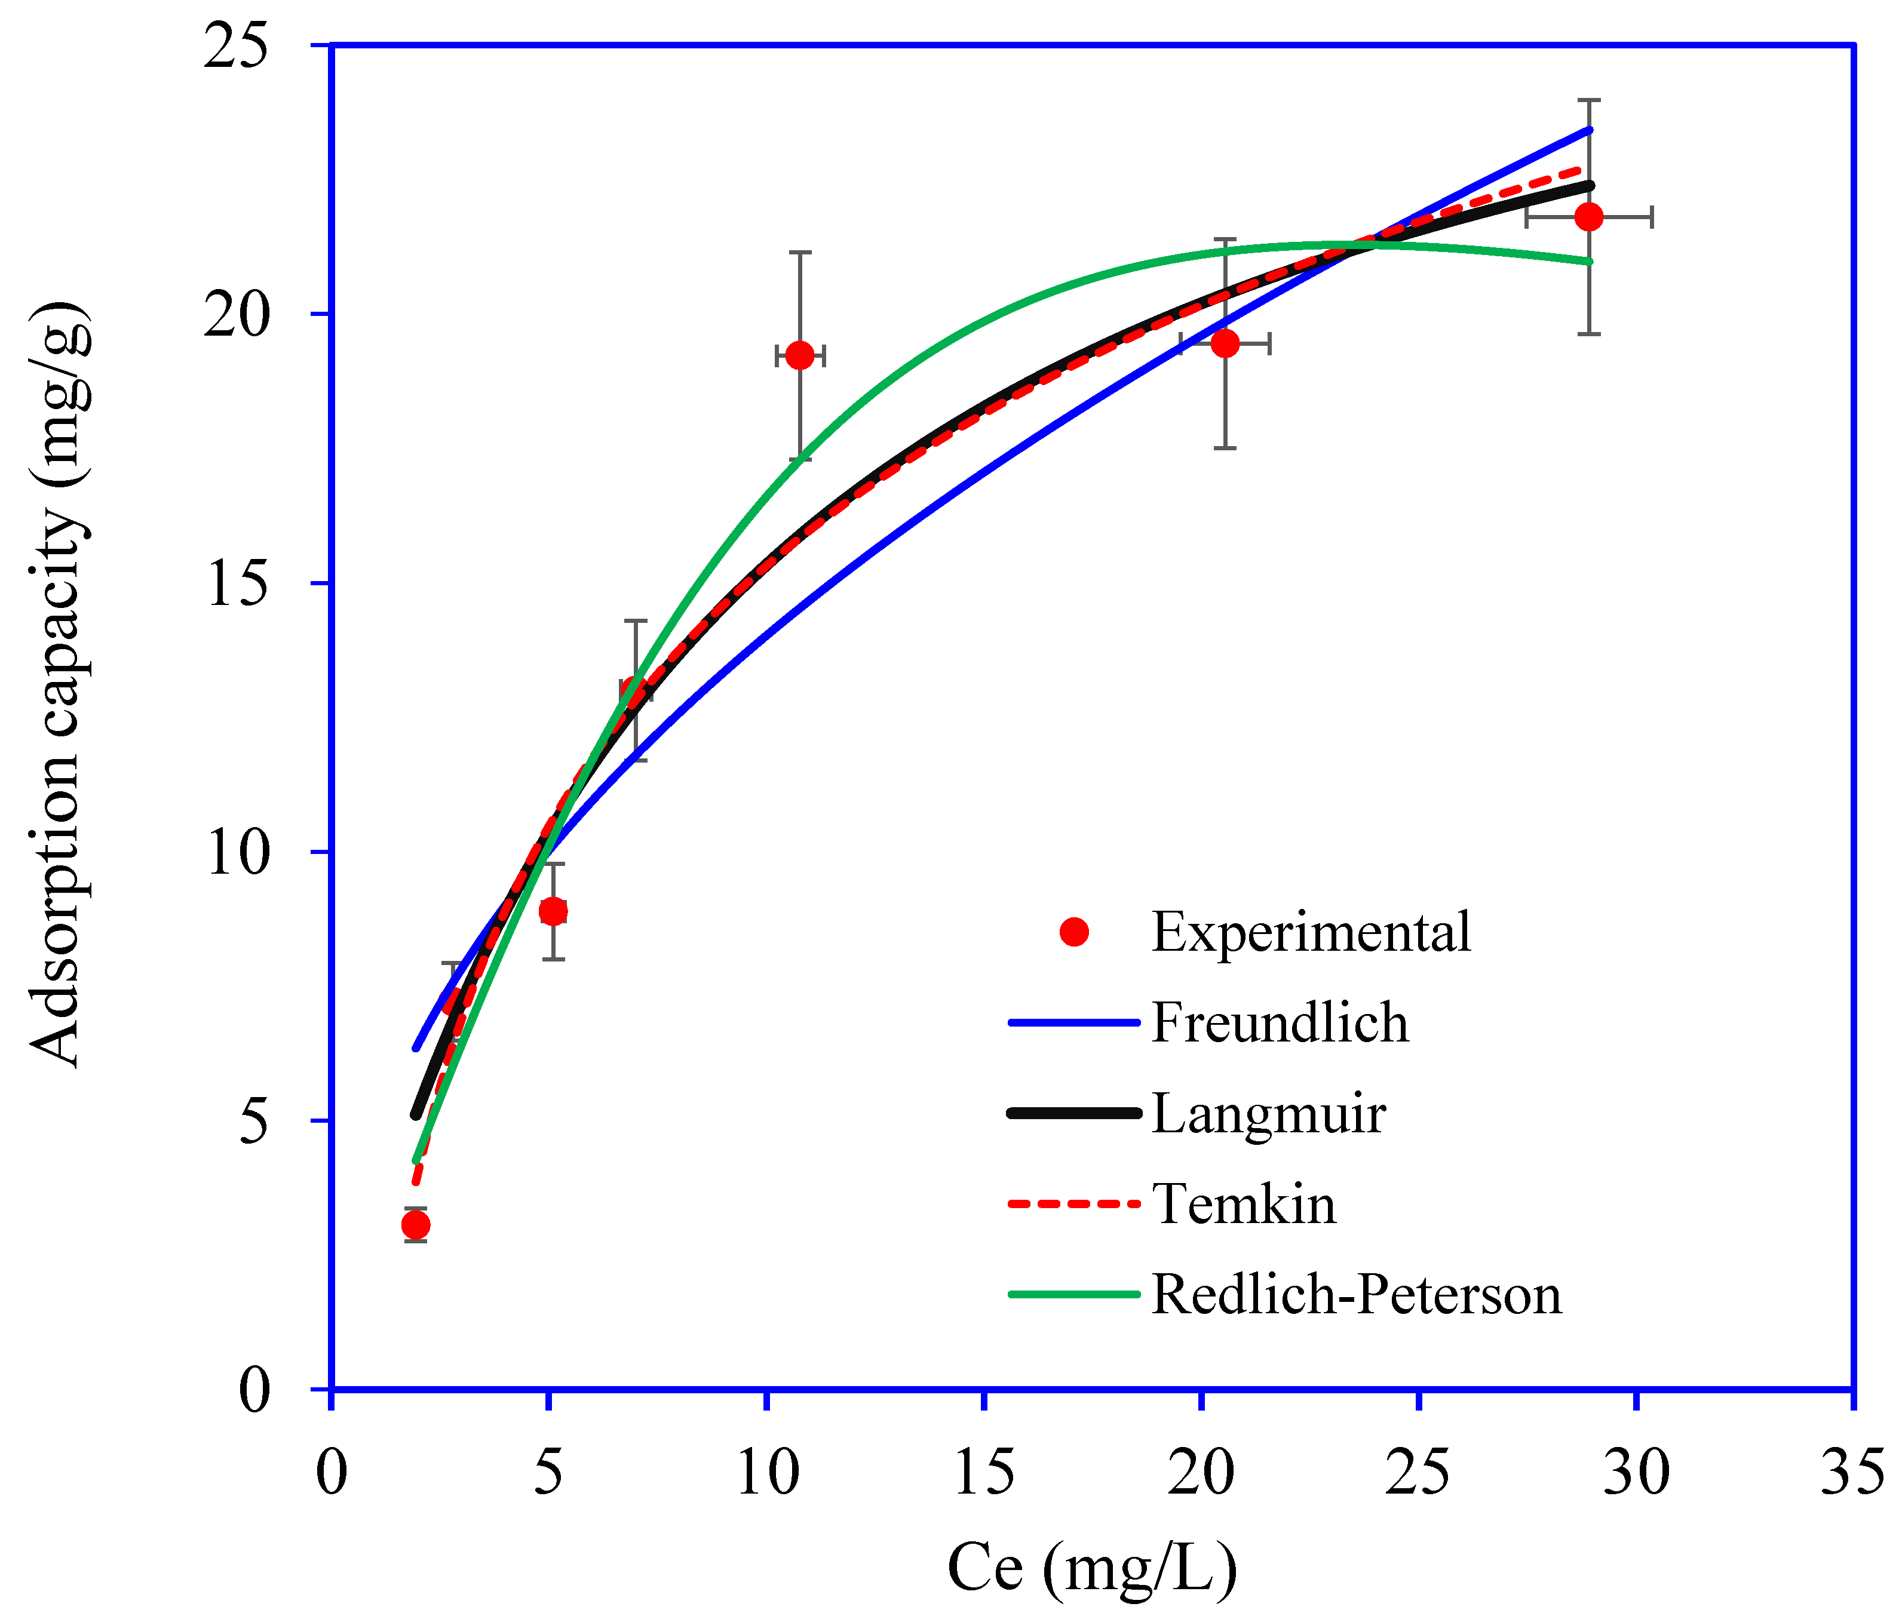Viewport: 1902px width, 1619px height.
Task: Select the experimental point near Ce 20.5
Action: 1225,343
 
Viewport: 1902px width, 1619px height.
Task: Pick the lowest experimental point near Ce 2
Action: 416,1224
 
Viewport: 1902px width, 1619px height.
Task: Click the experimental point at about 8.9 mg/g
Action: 553,911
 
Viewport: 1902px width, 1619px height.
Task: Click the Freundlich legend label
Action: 1280,1022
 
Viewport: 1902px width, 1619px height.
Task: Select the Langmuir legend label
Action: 1269,1113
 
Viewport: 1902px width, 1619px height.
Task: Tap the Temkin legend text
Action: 1244,1203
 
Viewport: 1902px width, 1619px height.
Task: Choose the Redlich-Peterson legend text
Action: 1356,1294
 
